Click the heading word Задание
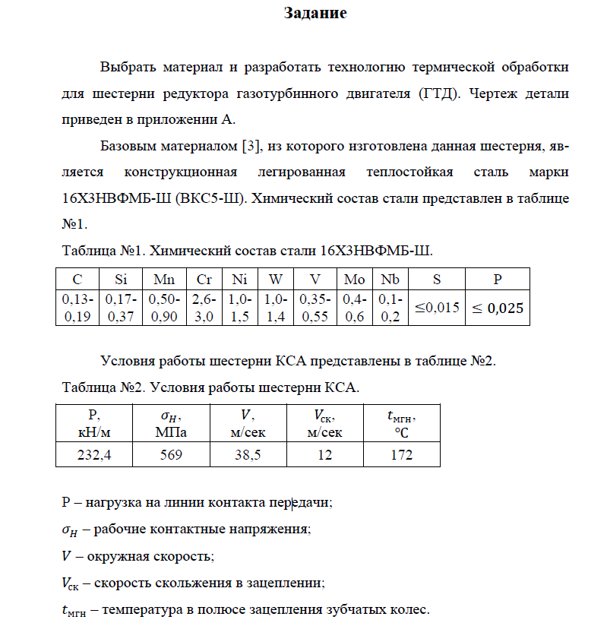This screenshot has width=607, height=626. point(315,13)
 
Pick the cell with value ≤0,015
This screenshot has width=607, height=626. point(437,308)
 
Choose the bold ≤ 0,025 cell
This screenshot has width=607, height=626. point(498,308)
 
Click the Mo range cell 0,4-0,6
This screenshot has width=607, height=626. point(354,308)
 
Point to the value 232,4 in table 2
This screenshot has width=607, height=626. point(94,454)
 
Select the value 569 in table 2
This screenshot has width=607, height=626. point(171,454)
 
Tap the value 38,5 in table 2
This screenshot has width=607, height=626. point(248,454)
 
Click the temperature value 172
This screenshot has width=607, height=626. point(401,454)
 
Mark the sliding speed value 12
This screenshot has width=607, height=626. point(324,454)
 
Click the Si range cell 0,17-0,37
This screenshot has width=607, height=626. point(120,308)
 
